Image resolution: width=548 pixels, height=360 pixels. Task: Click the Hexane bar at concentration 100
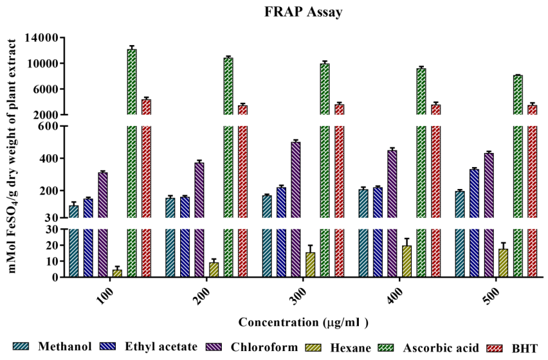(x=117, y=273)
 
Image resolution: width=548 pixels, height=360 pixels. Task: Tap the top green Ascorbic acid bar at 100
(x=132, y=82)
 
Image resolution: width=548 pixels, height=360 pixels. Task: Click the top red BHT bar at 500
(x=532, y=109)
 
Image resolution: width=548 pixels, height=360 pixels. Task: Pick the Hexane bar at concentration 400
(x=406, y=262)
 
